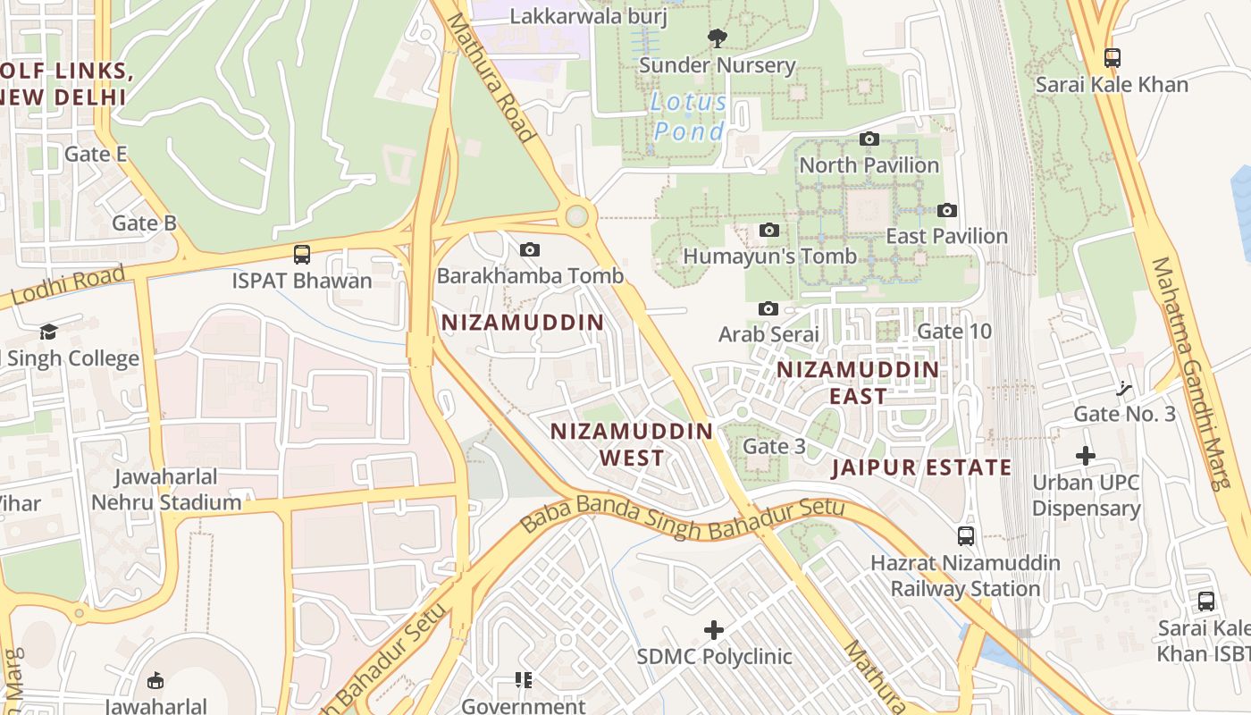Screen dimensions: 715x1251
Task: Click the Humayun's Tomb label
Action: tap(769, 257)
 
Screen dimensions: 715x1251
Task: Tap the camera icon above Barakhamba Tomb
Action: tap(530, 249)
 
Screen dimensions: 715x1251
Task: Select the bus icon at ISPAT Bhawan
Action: tap(302, 255)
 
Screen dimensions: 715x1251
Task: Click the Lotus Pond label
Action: tap(689, 117)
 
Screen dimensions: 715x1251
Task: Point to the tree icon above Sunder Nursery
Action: tap(716, 38)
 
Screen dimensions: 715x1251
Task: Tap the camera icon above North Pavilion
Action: tap(869, 139)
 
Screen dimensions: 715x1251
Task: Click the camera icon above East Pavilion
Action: tap(947, 211)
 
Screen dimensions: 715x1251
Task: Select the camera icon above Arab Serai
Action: tap(768, 309)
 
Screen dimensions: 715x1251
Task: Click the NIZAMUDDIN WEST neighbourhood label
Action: tap(632, 444)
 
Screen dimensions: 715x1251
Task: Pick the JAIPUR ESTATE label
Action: tap(921, 467)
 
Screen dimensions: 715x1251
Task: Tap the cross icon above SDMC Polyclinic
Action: tap(714, 631)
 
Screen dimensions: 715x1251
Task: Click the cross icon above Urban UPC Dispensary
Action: tap(1086, 457)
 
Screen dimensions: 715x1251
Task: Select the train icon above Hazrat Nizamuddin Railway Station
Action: tap(966, 536)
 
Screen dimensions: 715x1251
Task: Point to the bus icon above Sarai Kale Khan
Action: tap(1112, 58)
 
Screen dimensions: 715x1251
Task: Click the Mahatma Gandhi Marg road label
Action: tap(1188, 374)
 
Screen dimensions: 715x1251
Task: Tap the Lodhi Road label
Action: tap(69, 287)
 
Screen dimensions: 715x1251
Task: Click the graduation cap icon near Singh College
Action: tap(48, 332)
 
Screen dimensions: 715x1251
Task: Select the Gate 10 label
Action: tap(954, 332)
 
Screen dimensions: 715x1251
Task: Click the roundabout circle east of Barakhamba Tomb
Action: tap(577, 215)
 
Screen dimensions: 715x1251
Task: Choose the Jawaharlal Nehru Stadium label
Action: tap(166, 490)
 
